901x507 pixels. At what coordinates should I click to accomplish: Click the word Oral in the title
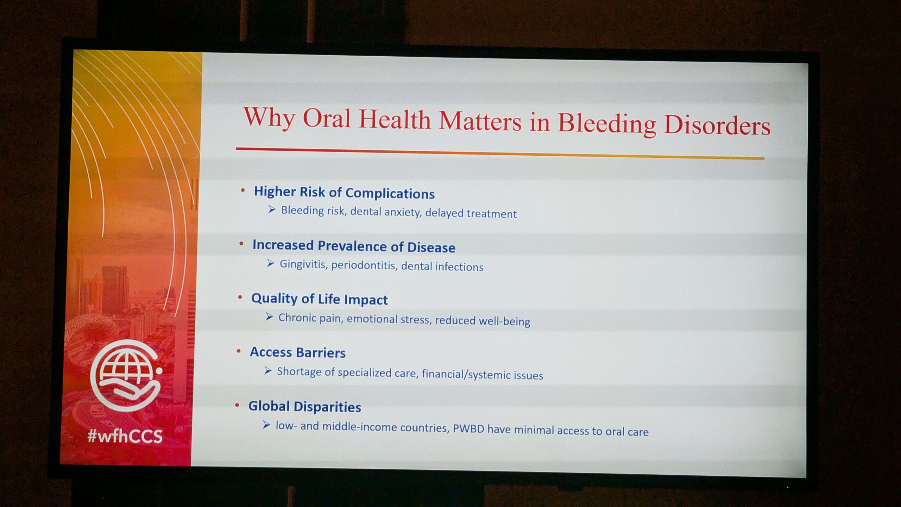[x=327, y=118]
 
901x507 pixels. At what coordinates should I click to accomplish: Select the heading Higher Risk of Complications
[x=344, y=193]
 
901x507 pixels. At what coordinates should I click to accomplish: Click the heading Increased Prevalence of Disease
[x=354, y=246]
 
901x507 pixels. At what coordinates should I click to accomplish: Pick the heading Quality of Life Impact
[x=319, y=299]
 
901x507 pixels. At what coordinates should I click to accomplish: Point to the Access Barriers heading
[x=298, y=352]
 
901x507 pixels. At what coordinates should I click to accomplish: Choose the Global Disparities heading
[x=304, y=407]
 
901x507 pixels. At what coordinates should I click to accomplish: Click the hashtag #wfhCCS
[x=125, y=437]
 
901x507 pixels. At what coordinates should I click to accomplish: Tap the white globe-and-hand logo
[x=126, y=375]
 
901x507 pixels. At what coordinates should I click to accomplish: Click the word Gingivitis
[x=303, y=264]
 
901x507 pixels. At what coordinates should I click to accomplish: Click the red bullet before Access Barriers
[x=239, y=351]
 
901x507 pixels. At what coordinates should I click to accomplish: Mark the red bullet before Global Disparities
[x=237, y=405]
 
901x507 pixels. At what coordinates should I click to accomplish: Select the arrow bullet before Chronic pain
[x=269, y=317]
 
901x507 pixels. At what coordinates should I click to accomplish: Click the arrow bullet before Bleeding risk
[x=272, y=209]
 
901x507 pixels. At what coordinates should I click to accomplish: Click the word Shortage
[x=299, y=372]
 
